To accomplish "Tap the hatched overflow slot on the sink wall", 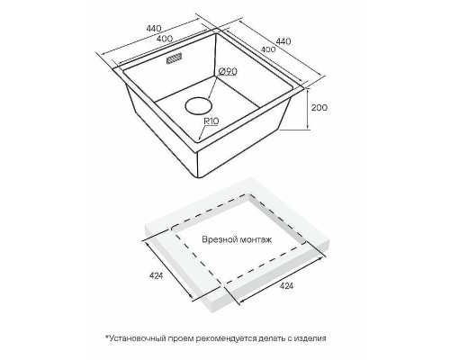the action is click(175, 58).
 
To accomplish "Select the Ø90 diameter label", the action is click(228, 71).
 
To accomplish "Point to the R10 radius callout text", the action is click(211, 121).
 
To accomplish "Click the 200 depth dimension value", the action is click(319, 107).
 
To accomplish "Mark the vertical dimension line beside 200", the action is click(308, 109).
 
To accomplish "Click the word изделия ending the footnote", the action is click(310, 338).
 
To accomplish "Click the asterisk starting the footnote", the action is click(106, 337).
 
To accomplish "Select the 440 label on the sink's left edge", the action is click(154, 29).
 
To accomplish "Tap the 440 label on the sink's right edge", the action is click(283, 41).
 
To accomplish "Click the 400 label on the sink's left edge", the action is click(165, 39).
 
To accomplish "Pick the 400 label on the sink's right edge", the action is click(268, 49).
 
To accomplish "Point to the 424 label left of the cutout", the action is click(156, 275).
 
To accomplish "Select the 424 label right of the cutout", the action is click(286, 286).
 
